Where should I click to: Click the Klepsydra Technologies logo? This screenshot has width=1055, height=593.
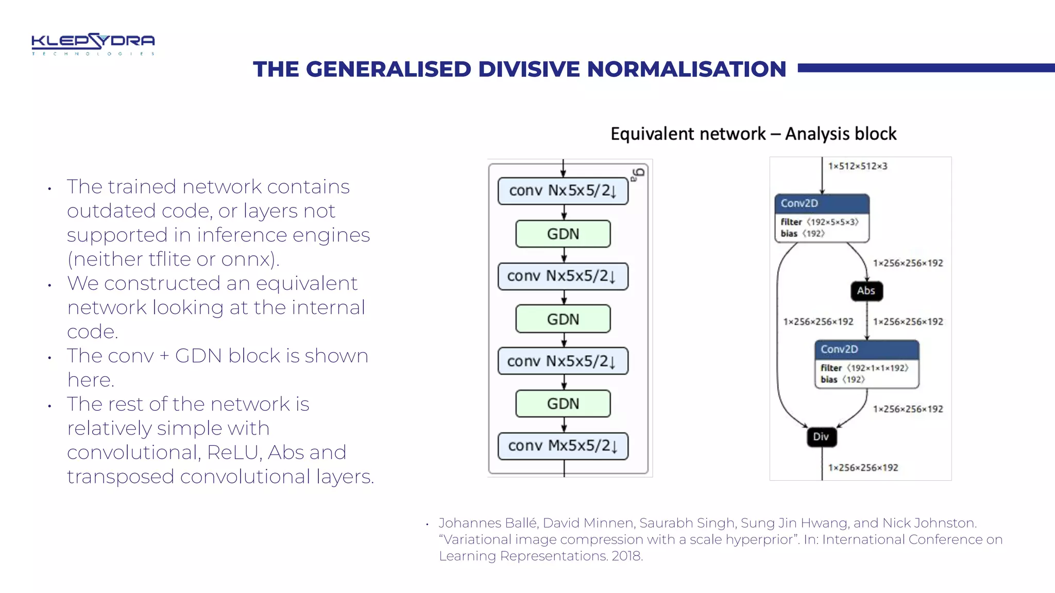[93, 44]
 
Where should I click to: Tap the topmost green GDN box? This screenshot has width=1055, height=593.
[563, 234]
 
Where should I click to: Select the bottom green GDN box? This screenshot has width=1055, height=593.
[563, 404]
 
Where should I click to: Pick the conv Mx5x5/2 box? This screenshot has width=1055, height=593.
[563, 446]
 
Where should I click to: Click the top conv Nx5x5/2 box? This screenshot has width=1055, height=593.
[563, 191]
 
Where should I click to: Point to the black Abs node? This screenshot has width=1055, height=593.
[866, 291]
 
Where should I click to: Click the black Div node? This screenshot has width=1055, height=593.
[821, 437]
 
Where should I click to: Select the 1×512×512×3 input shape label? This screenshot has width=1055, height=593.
[858, 166]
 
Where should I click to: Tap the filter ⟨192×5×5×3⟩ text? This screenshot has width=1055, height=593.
[820, 222]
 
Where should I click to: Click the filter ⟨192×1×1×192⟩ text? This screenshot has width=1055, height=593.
[864, 368]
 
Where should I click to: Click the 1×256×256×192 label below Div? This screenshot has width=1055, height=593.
[863, 468]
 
